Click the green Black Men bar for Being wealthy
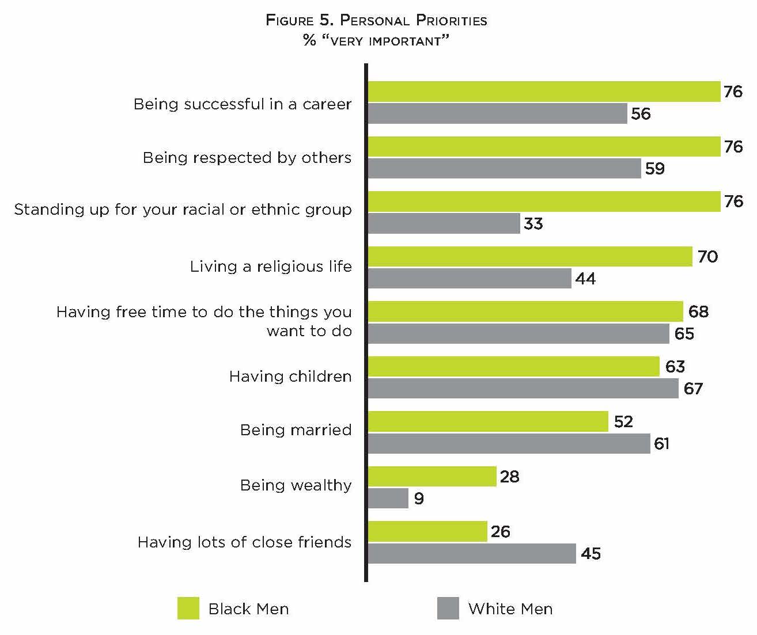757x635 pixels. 432,476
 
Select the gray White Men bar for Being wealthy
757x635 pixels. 388,498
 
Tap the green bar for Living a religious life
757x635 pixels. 530,256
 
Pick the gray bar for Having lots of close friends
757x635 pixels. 471,553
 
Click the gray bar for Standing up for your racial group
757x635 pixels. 444,223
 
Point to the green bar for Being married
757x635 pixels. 488,421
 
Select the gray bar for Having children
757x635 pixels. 523,388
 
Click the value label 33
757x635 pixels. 533,223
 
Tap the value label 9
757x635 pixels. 419,499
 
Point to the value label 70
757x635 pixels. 707,256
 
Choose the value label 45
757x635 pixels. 591,554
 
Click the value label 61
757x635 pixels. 661,444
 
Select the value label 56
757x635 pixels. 641,114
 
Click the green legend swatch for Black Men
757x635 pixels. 188,609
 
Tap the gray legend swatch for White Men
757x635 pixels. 448,609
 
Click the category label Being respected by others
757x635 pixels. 247,158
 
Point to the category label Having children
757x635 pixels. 290,377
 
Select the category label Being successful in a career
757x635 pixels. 242,104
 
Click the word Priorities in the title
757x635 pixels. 451,21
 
